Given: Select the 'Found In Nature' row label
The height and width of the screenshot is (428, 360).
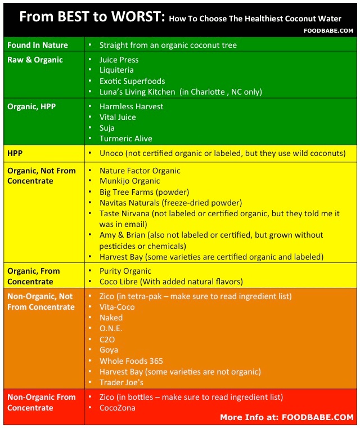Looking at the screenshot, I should coord(37,45).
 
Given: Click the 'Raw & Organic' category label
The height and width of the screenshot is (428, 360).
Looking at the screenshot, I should coord(35,60).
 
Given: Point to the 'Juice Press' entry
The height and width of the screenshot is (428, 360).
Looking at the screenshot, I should coord(119,60).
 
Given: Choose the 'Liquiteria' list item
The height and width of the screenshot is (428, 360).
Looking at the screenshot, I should coord(116,70).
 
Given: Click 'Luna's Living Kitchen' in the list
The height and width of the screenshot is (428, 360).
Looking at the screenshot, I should coord(138,92).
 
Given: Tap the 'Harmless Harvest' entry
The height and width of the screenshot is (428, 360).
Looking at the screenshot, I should coord(131,106).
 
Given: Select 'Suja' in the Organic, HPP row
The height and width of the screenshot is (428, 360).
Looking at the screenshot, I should coord(107,128).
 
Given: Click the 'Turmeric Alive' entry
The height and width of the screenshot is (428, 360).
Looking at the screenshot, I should coord(126,139).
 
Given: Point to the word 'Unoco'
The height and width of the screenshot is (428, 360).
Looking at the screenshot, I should coord(112,153).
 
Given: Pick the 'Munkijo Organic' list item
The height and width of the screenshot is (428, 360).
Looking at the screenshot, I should coord(129,181).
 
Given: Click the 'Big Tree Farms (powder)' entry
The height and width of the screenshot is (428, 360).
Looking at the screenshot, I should coord(144,191).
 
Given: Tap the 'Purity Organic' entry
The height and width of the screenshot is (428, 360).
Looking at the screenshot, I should coord(125,271).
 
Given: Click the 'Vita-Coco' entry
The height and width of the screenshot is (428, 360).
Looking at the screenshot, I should coord(116,307).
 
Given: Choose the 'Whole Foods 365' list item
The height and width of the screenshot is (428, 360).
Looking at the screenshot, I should coord(131,361).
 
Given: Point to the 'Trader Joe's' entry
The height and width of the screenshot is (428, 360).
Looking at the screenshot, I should coord(121,382).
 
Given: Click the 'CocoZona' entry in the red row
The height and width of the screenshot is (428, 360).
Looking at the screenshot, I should coord(117,408).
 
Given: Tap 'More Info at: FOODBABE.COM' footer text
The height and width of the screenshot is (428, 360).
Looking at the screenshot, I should coord(286,417).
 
